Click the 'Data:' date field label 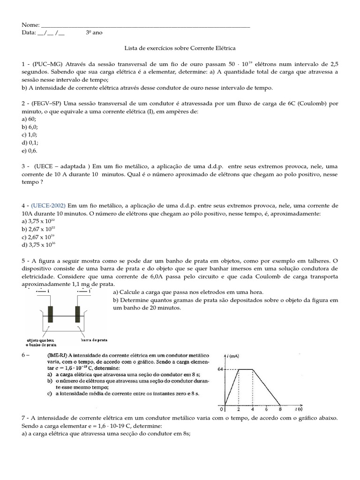coord(29,33)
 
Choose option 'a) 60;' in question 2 coord(30,120)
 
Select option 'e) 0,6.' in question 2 coord(30,151)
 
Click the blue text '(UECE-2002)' coord(49,206)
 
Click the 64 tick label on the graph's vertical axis coord(220,369)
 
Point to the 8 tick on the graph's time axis coord(280,409)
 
